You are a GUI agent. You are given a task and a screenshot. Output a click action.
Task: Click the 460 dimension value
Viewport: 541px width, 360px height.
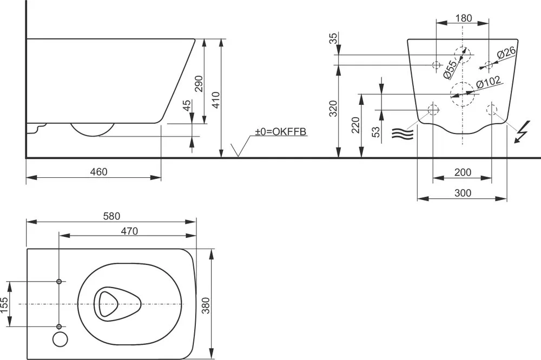[x=99, y=171]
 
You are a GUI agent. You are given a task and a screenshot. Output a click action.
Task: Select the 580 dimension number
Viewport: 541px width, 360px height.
[x=112, y=216]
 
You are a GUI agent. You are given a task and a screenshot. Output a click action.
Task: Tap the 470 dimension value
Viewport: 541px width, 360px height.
[x=129, y=231]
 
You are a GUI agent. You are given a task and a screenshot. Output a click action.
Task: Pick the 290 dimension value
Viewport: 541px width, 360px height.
[x=199, y=83]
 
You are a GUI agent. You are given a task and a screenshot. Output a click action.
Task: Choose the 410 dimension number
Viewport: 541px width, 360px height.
[x=216, y=100]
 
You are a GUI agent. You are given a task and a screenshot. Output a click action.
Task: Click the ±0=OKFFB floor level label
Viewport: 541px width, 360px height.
[x=280, y=131]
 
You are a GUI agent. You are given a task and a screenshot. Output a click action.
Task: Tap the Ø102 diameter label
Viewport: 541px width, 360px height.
[x=488, y=82]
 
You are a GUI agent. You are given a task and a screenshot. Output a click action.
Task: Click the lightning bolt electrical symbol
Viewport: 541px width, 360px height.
[x=522, y=131]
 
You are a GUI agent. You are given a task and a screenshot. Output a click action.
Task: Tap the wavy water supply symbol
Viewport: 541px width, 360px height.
[x=403, y=134]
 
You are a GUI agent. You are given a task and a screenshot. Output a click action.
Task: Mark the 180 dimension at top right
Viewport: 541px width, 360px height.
[x=463, y=18]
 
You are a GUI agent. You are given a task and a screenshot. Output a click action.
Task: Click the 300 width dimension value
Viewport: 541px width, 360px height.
[x=463, y=193]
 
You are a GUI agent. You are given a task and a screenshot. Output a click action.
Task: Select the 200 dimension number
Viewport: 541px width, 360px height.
[x=463, y=172]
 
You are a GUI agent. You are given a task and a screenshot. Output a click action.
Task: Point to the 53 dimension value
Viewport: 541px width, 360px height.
[x=376, y=130]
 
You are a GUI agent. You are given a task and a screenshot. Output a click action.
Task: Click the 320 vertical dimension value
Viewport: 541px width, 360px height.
[x=333, y=108]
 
